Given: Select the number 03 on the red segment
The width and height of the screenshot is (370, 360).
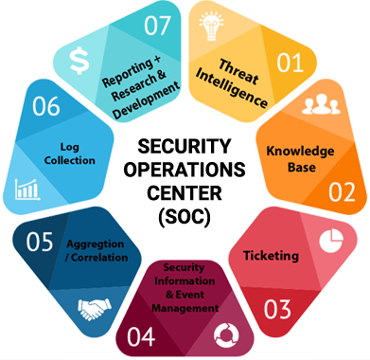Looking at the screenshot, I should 276,308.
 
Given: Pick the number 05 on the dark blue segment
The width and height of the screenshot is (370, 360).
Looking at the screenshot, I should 40,243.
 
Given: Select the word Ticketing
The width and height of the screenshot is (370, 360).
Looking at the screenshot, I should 272,255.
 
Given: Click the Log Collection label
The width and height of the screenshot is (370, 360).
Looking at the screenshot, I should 69,153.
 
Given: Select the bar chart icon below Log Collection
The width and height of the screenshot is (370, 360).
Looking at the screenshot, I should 26,189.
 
